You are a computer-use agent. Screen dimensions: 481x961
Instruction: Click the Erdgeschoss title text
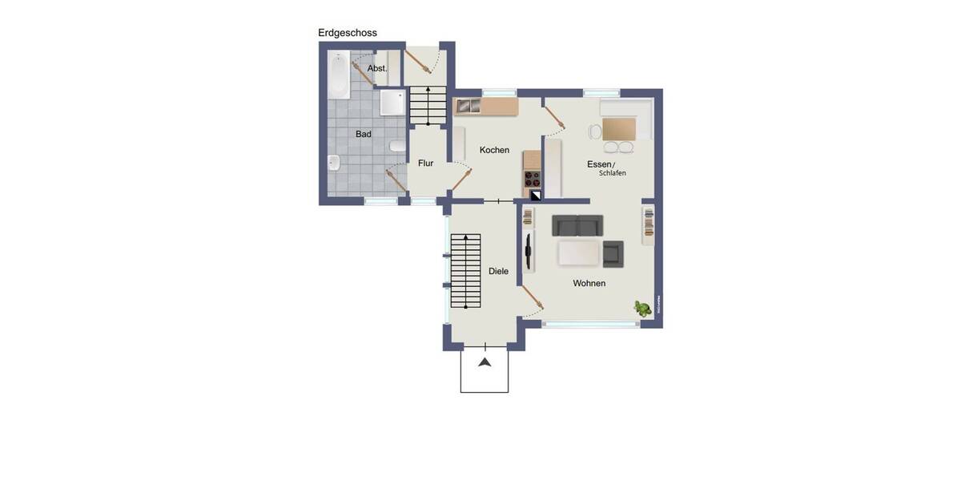click(x=348, y=33)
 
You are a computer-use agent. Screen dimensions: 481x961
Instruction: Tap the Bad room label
click(x=364, y=135)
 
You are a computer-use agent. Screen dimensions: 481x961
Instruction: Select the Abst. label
click(x=377, y=69)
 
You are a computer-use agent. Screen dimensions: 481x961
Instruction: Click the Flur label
click(x=425, y=164)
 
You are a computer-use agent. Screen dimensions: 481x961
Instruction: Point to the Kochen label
click(x=494, y=150)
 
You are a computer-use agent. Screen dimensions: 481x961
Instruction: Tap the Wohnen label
click(x=589, y=284)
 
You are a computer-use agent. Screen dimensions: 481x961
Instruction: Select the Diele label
click(x=498, y=272)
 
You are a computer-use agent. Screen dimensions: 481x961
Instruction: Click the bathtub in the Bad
click(x=340, y=76)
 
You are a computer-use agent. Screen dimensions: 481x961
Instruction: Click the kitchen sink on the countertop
click(x=466, y=105)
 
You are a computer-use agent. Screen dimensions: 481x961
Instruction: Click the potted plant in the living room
click(x=641, y=308)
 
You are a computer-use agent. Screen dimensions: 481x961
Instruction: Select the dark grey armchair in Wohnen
click(x=613, y=253)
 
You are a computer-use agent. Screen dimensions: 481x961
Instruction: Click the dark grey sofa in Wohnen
click(x=577, y=226)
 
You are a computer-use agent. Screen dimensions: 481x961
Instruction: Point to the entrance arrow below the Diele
click(x=485, y=363)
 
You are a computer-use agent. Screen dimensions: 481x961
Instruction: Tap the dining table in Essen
click(x=618, y=128)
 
